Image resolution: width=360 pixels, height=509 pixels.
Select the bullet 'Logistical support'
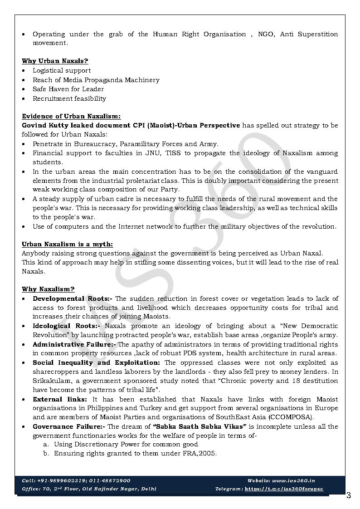pyautogui.click(x=62, y=70)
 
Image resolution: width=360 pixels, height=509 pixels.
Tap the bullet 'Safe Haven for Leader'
pyautogui.click(x=68, y=89)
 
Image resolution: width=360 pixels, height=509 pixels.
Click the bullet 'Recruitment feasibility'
pyautogui.click(x=69, y=98)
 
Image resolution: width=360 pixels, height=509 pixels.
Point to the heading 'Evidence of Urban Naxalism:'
pyautogui.click(x=71, y=116)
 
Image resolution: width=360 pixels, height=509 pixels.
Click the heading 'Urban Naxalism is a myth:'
pyautogui.click(x=68, y=244)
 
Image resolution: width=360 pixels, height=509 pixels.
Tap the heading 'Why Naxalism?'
pyautogui.click(x=49, y=289)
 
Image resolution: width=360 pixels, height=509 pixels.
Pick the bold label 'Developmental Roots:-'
pyautogui.click(x=73, y=299)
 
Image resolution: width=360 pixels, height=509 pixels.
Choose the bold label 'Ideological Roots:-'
pyautogui.click(x=66, y=326)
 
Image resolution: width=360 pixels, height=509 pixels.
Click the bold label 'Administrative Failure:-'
pyautogui.click(x=74, y=344)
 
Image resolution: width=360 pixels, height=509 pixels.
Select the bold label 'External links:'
pyautogui.click(x=60, y=399)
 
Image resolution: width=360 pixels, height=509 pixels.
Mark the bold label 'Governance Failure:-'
pyautogui.click(x=69, y=426)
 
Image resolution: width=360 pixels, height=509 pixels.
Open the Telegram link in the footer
pyautogui.click(x=284, y=489)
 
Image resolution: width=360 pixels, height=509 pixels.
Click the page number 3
pyautogui.click(x=348, y=495)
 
